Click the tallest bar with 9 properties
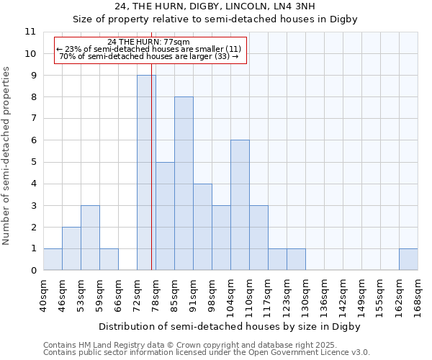pos(146,173)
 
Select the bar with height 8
pos(184,184)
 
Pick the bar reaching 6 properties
pos(240,205)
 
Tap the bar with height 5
pos(165,216)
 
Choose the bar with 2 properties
pos(71,248)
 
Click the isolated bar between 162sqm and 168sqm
pos(408,259)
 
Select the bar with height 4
pos(202,227)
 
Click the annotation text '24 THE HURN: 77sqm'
pos(148,42)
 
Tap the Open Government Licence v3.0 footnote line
pos(207,353)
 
